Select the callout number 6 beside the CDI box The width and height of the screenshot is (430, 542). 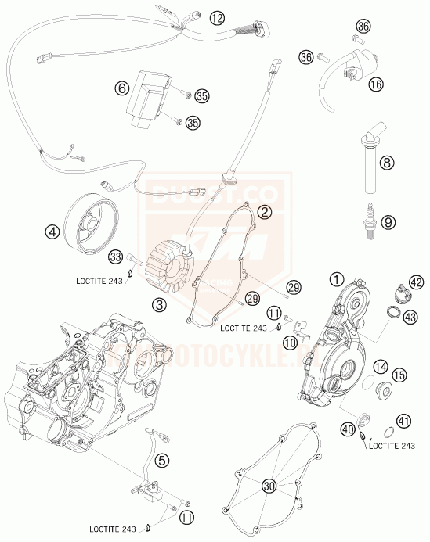[121, 89]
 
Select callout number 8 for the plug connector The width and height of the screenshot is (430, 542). [385, 163]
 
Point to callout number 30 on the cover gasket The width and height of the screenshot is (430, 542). [269, 486]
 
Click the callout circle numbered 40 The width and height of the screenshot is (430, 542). [348, 428]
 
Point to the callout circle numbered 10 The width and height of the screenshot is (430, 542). [291, 343]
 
